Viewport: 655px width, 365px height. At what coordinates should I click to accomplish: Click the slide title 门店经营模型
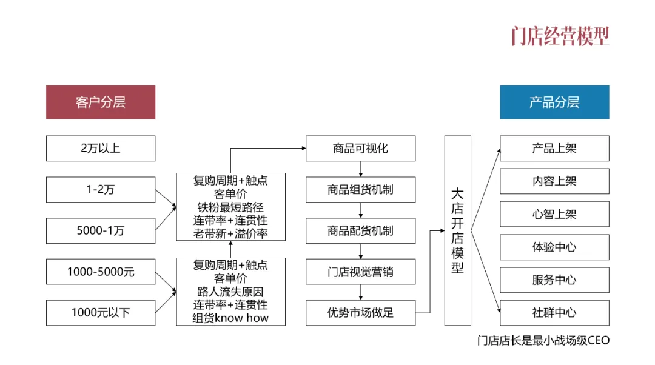click(x=560, y=36)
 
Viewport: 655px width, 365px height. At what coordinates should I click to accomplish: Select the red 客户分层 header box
click(x=101, y=102)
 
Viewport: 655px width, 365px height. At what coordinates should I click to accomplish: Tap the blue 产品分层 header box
click(x=554, y=102)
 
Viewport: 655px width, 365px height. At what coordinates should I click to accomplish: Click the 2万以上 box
click(x=101, y=148)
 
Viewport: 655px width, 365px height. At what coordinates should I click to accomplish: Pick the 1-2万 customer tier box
click(x=101, y=189)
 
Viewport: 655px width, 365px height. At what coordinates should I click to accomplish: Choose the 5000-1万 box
click(x=101, y=230)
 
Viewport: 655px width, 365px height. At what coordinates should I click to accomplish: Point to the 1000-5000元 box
click(x=101, y=272)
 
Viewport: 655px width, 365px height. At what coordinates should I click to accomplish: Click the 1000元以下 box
click(x=101, y=313)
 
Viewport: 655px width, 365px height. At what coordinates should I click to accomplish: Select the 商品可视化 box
click(x=360, y=148)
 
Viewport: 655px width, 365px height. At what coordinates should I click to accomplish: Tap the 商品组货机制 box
click(x=360, y=189)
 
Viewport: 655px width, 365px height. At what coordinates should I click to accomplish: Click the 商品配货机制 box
click(x=360, y=230)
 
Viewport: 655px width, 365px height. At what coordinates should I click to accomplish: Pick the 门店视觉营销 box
click(x=360, y=272)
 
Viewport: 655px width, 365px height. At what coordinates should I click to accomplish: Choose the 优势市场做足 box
click(x=360, y=313)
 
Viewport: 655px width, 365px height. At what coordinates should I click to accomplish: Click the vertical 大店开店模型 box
click(x=457, y=230)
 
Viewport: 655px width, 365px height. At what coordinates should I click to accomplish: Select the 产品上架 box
click(x=554, y=148)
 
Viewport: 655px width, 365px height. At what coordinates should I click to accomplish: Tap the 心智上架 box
click(x=554, y=214)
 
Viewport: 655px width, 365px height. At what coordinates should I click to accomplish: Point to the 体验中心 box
click(x=554, y=247)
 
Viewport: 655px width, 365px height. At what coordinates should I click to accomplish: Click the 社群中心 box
click(x=554, y=313)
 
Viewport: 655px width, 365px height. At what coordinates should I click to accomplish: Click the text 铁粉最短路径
click(x=230, y=207)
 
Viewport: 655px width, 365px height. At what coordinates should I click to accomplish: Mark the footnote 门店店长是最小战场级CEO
click(x=543, y=340)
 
